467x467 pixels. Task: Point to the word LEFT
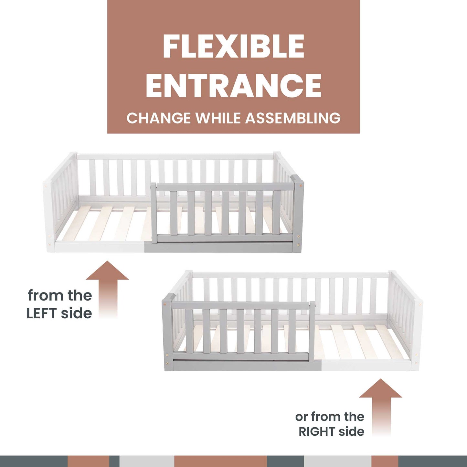coord(42,313)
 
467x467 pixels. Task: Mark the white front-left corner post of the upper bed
coord(49,215)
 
